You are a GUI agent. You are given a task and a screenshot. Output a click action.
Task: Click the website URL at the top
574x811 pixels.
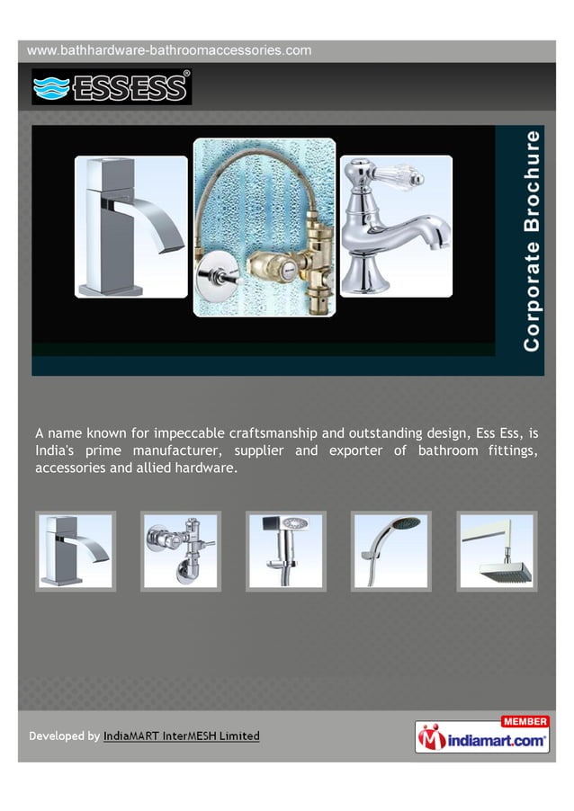(x=170, y=50)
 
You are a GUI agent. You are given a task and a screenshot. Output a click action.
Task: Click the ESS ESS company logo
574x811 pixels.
(x=112, y=87)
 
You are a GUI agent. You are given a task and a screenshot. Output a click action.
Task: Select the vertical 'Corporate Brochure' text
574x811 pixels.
(x=534, y=241)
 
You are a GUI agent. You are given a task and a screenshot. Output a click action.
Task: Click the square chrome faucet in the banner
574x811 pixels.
(x=130, y=227)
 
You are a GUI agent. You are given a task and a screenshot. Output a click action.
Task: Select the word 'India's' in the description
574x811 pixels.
(x=55, y=450)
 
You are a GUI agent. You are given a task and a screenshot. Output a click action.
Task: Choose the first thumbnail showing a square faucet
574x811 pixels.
(x=76, y=551)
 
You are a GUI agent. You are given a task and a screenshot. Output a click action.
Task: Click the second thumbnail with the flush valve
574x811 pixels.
(x=180, y=551)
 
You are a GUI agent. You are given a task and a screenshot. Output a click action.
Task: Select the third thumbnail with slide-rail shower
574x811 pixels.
(x=286, y=551)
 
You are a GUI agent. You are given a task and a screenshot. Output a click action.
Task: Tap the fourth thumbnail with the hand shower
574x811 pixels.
(x=391, y=551)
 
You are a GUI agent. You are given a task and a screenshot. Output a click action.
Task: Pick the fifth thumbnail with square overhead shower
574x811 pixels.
(x=496, y=551)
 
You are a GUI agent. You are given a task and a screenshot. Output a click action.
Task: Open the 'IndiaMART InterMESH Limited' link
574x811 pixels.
(x=182, y=736)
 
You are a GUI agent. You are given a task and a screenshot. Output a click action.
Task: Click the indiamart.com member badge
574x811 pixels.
(x=483, y=736)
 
